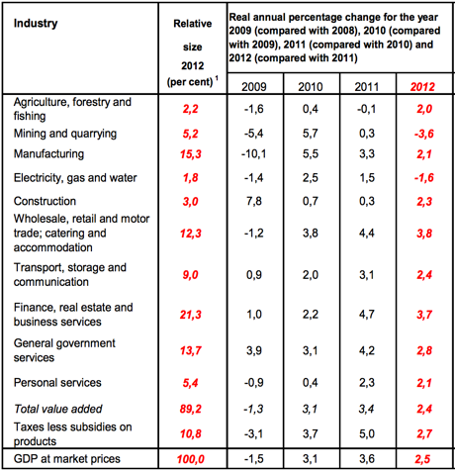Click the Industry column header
pyautogui.click(x=36, y=24)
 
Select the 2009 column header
pyautogui.click(x=254, y=87)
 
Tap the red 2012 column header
pyautogui.click(x=422, y=87)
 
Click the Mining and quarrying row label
pyautogui.click(x=65, y=134)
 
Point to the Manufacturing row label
pyautogui.click(x=48, y=154)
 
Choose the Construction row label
pyautogui.click(x=45, y=201)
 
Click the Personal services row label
pyautogui.click(x=57, y=383)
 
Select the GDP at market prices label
pyautogui.click(x=67, y=459)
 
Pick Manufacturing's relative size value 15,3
pyautogui.click(x=191, y=154)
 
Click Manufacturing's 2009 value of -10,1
pyautogui.click(x=254, y=154)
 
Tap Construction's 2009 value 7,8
pyautogui.click(x=254, y=201)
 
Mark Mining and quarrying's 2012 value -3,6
pyautogui.click(x=424, y=134)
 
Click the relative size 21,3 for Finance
pyautogui.click(x=191, y=315)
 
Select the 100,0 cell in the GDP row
pyautogui.click(x=191, y=459)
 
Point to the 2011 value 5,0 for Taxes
pyautogui.click(x=367, y=433)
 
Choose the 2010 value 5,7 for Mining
pyautogui.click(x=311, y=134)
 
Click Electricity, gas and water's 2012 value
pyautogui.click(x=424, y=178)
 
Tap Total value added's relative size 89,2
pyautogui.click(x=191, y=409)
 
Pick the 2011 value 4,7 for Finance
pyautogui.click(x=367, y=315)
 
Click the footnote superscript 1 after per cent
pyautogui.click(x=217, y=78)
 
